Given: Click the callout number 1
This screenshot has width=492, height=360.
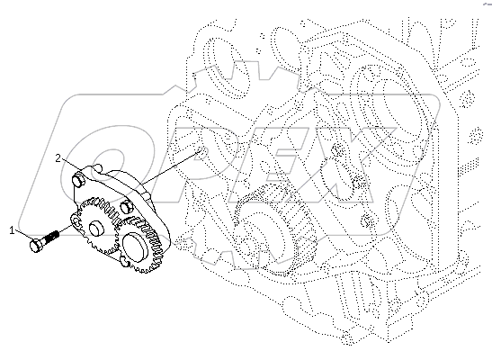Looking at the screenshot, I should (13, 230).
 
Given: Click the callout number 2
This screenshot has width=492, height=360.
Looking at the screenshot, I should (58, 157).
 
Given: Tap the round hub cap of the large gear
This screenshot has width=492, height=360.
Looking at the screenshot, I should (137, 243).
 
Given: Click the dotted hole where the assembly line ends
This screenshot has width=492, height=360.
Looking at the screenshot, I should (200, 154).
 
